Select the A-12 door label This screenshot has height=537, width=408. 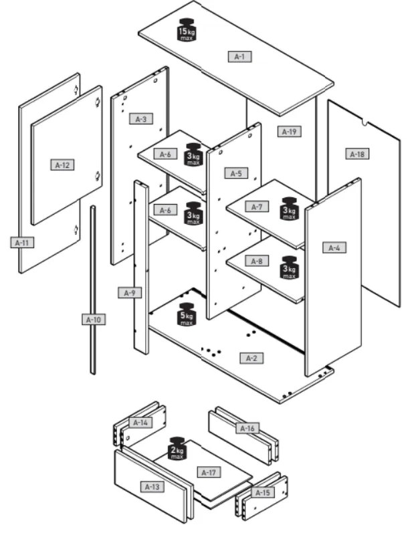(62, 164)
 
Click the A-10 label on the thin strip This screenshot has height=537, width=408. (94, 320)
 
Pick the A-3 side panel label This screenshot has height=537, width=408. (140, 119)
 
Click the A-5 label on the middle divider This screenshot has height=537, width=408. (235, 173)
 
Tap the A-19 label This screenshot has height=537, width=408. (288, 132)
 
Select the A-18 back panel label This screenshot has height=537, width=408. (356, 154)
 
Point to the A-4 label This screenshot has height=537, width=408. (334, 248)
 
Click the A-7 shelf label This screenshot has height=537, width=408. (256, 207)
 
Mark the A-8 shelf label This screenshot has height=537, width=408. (255, 261)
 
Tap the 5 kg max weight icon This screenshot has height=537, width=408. (187, 314)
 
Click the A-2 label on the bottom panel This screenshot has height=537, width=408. (251, 358)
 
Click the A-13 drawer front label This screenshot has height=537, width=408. (152, 486)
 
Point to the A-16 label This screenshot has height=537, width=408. (247, 427)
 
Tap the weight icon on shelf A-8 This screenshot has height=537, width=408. (289, 266)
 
